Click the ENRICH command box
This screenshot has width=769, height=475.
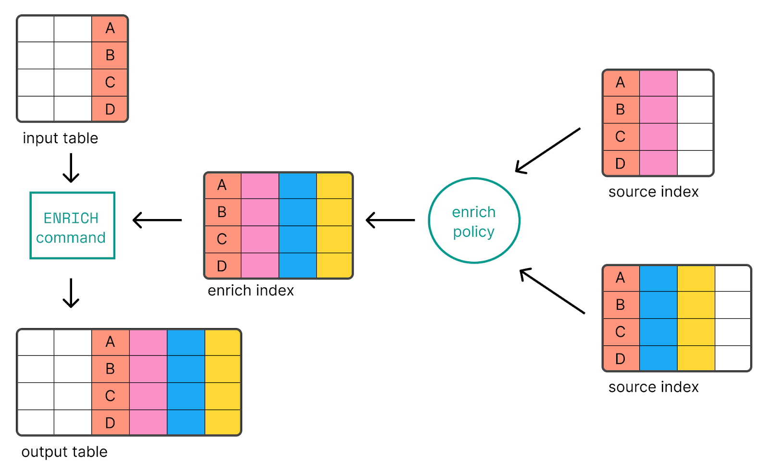[x=72, y=226]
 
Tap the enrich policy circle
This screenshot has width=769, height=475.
[x=474, y=221]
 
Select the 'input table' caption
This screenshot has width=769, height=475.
[x=60, y=138]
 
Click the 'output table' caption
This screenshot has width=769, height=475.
[x=64, y=452]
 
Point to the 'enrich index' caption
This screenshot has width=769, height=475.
[x=250, y=291]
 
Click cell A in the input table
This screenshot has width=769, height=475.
[x=110, y=29]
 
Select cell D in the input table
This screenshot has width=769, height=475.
[x=110, y=109]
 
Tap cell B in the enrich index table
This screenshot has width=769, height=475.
[x=222, y=212]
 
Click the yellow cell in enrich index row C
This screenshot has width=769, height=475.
[x=335, y=239]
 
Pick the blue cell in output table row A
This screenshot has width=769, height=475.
[x=186, y=342]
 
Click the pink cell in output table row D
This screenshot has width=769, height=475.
[x=148, y=423]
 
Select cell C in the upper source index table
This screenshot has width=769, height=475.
[x=620, y=137]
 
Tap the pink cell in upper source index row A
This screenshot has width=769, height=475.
[x=658, y=83]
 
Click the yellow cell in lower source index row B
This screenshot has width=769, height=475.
[x=696, y=305]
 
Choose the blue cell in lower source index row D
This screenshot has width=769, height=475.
[x=658, y=359]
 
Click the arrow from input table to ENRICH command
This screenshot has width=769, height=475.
[x=71, y=168]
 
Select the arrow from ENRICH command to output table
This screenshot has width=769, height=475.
[x=71, y=293]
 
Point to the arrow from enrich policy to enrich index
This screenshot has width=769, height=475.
[x=390, y=220]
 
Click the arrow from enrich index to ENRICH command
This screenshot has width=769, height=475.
[x=157, y=220]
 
